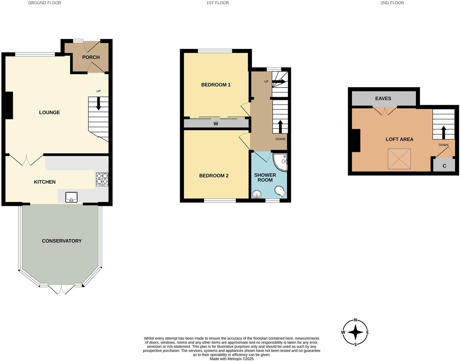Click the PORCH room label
(91, 57)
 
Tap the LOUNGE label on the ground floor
(50, 112)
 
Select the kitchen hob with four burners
(102, 179)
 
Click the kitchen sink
(72, 197)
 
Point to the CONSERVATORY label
(62, 241)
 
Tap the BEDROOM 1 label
(216, 85)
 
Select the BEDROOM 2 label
(214, 176)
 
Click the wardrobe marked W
(216, 124)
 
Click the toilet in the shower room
(280, 191)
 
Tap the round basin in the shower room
(257, 194)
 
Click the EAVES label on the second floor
(383, 99)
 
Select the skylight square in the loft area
(399, 159)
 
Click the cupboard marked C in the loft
(444, 166)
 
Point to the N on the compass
(355, 320)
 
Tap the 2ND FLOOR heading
(392, 3)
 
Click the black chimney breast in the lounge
(9, 105)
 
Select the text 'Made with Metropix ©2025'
(231, 359)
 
